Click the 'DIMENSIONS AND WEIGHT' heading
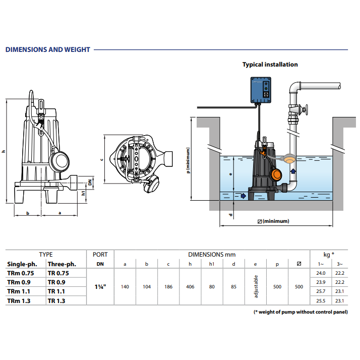[x=47, y=49]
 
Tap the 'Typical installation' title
[x=270, y=65]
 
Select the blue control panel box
[x=261, y=90]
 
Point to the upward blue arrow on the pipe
[x=293, y=171]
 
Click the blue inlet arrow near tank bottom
[x=244, y=196]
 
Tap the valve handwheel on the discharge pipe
[x=306, y=110]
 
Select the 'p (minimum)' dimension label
[x=188, y=160]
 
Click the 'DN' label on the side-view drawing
[x=90, y=183]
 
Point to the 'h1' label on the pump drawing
[x=83, y=193]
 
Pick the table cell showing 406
[x=190, y=287]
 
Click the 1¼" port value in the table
[x=100, y=287]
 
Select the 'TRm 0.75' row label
[x=21, y=273]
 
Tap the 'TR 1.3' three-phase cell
[x=56, y=301]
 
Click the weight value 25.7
[x=321, y=291]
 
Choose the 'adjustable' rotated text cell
[x=256, y=286]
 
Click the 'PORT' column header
[x=100, y=255]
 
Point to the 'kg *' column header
[x=329, y=255]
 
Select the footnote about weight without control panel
[x=301, y=312]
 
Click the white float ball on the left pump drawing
[x=62, y=161]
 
